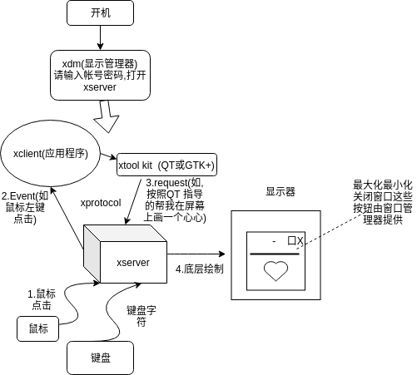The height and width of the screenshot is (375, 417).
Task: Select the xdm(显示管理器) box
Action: pos(100,74)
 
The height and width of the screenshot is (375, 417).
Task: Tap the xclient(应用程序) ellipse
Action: pos(52,153)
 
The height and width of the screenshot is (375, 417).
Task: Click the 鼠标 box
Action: pos(38,329)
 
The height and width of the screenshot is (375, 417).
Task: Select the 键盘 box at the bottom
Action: pos(101,358)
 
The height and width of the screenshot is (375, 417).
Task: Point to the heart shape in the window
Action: pos(275,270)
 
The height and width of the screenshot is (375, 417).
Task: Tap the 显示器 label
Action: pos(280,191)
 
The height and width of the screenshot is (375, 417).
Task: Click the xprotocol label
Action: pos(101,203)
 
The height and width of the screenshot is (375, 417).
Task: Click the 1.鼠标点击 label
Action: pos(42,299)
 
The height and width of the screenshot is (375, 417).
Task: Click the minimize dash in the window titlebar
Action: pos(273,240)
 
